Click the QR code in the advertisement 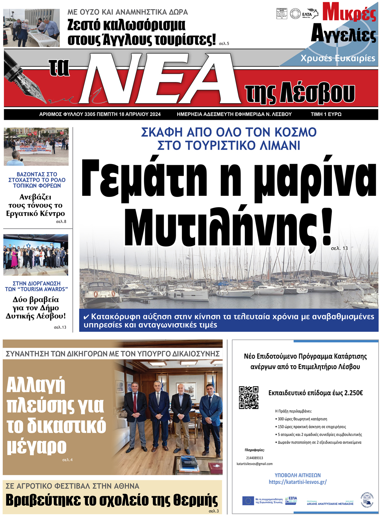(x=248, y=398)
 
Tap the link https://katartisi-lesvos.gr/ (x=298, y=482)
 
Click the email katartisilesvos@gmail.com (x=255, y=464)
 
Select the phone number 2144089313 (x=254, y=458)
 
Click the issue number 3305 (x=89, y=114)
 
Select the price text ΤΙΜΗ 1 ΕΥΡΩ (x=326, y=114)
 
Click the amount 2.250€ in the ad (x=351, y=393)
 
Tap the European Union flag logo (x=248, y=501)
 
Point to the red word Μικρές (x=349, y=13)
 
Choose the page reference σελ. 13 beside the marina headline (x=339, y=248)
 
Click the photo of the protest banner (x=36, y=147)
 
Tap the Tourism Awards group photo (x=36, y=255)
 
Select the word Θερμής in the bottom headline (x=195, y=500)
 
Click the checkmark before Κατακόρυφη (x=86, y=317)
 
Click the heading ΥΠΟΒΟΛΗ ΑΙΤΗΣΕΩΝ (x=298, y=475)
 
